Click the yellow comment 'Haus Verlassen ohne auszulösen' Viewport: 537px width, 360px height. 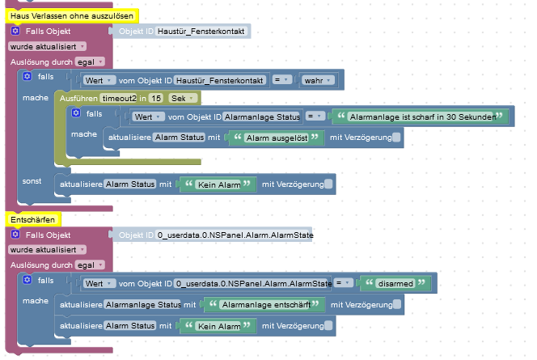(x=72, y=15)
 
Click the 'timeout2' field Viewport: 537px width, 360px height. (x=113, y=98)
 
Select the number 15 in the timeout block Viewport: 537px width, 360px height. (x=155, y=98)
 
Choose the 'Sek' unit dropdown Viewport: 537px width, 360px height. (x=182, y=98)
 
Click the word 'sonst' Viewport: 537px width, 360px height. (x=32, y=180)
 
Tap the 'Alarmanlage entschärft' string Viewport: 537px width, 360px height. (x=263, y=305)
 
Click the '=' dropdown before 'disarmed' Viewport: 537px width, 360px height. (x=345, y=283)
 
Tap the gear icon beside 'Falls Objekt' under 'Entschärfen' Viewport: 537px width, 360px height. (x=15, y=235)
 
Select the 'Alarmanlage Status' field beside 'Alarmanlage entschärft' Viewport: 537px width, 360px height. (x=142, y=305)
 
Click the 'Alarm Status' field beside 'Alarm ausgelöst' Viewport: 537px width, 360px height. (x=180, y=139)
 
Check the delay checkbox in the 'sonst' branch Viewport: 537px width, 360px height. (x=328, y=184)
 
